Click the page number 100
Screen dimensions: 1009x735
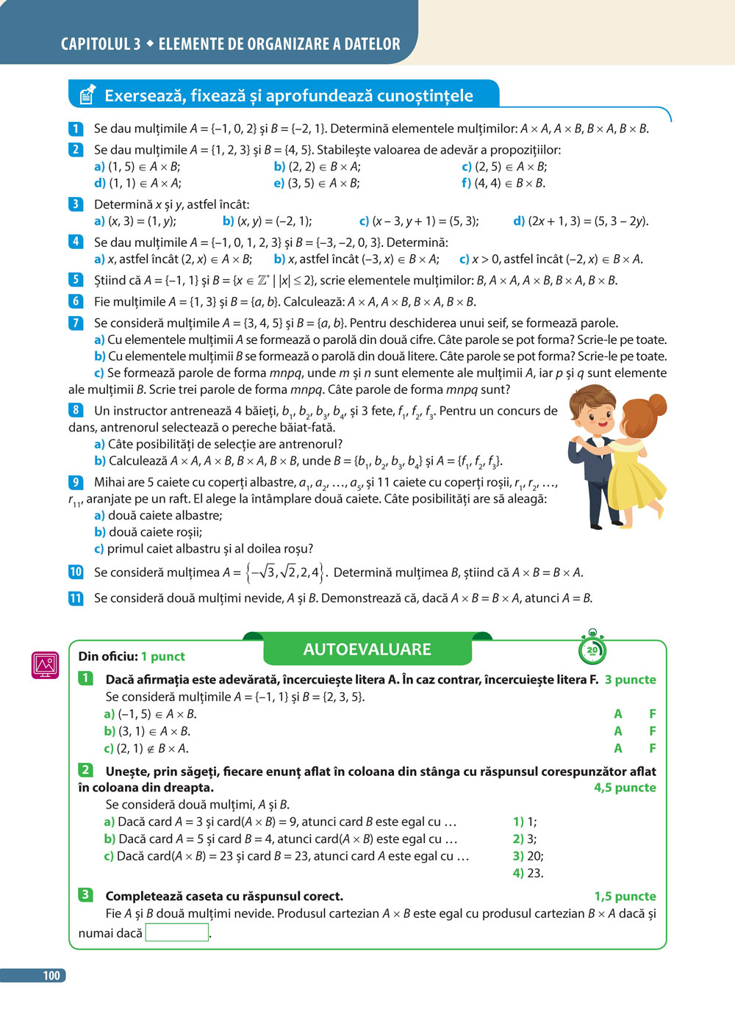51,975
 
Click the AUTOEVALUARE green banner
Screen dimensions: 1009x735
367,650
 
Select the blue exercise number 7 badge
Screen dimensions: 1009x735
76,323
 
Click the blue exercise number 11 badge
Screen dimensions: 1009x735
76,598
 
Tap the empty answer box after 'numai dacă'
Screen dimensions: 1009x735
177,933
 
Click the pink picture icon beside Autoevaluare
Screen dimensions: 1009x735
45,665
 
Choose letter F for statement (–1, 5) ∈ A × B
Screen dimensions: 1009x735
652,714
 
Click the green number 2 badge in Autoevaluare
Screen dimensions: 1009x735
86,770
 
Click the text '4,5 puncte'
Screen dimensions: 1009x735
625,787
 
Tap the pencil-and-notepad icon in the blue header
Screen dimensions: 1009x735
87,94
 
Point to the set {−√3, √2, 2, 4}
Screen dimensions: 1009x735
284,572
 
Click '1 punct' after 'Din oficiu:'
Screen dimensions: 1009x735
163,656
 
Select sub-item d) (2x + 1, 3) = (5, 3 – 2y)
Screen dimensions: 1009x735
581,220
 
